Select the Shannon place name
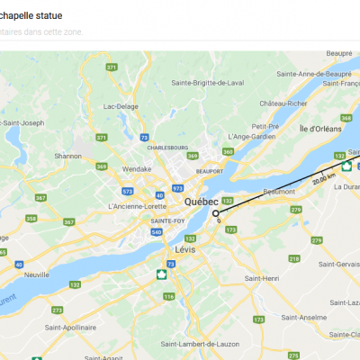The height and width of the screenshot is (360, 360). coord(67,156)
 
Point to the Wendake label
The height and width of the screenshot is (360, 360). coord(137,167)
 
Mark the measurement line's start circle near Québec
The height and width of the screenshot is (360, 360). coord(216,213)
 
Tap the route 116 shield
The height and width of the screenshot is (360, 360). coord(167,296)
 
